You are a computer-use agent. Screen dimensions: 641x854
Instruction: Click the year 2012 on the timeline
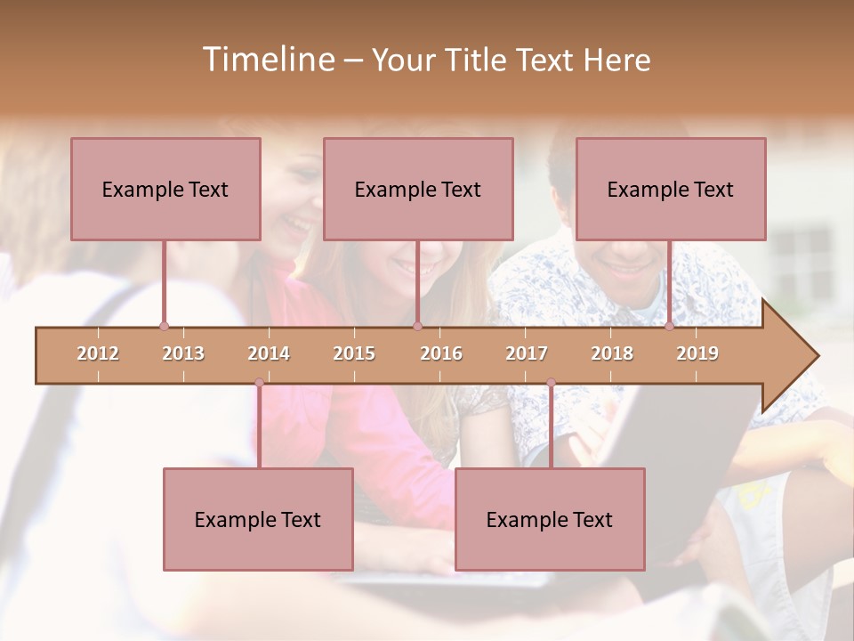98,353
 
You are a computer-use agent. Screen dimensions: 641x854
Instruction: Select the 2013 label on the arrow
183,353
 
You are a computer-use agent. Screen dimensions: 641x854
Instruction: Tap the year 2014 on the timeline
269,353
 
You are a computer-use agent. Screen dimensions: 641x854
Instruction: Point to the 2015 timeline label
354,353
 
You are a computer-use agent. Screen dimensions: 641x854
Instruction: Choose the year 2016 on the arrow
441,353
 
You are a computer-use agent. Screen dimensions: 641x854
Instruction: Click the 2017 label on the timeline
527,353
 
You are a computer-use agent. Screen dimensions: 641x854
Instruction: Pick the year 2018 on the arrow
612,353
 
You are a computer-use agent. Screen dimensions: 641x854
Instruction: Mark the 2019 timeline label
697,353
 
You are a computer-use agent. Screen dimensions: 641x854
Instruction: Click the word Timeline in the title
267,60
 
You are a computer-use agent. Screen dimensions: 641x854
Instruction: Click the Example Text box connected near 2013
165,189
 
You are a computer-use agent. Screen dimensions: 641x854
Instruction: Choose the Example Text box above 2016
418,189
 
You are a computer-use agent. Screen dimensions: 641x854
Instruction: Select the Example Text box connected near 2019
671,189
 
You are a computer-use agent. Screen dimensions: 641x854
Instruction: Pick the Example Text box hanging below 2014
258,519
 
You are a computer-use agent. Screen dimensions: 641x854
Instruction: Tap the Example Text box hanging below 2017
550,519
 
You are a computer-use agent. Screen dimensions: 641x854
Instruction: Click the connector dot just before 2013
164,327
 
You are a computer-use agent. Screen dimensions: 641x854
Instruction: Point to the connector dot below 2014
259,383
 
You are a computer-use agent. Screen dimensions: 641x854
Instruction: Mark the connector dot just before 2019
669,327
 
